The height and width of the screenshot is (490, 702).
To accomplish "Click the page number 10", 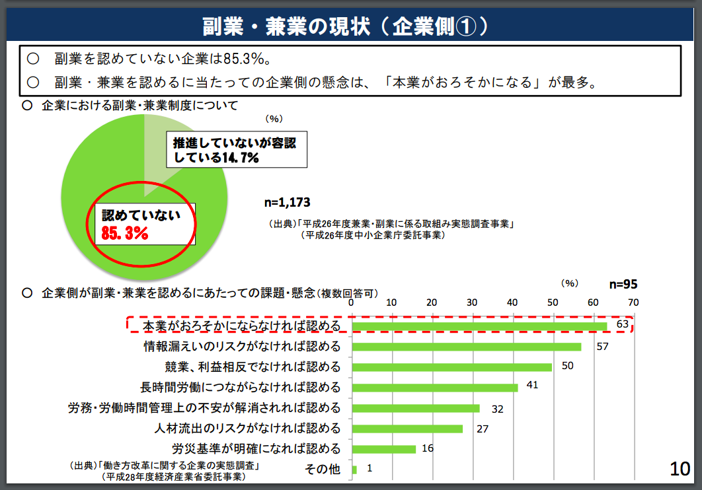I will point(680,468).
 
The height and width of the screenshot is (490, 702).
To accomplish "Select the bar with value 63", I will point(479,326).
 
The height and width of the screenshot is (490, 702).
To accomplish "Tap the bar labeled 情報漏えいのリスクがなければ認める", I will point(466,347).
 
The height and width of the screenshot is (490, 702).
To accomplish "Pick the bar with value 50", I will point(451,367).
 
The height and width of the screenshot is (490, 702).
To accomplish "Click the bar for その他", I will point(354,470).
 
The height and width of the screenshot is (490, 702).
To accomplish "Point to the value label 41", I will point(533,384).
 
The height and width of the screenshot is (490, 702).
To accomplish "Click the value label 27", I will point(482,429).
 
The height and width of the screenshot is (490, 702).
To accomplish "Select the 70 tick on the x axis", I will point(633,302).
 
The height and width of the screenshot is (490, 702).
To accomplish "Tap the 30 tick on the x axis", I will point(472,302).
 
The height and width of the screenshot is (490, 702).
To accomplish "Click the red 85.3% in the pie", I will point(125,232).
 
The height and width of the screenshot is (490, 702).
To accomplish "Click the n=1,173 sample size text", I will point(287,202).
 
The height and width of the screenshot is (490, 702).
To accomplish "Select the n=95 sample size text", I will point(623,285).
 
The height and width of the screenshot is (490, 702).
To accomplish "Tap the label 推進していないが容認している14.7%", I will point(236,150).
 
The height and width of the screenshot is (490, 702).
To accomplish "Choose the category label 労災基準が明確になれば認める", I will point(256,449).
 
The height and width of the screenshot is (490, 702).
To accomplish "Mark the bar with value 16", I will point(383,449).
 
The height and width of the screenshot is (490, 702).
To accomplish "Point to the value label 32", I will point(497,409).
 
